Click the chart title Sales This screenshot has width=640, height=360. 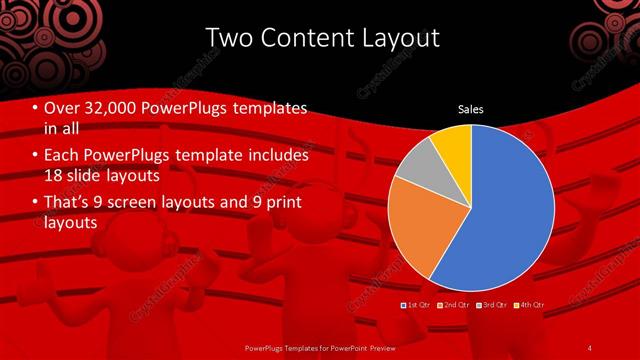pos(470,109)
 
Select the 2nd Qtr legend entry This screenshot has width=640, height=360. pos(455,304)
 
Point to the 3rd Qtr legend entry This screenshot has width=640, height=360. pos(491,304)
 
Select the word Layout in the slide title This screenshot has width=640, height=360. pos(394,38)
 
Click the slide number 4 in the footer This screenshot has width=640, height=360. pos(591,347)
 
